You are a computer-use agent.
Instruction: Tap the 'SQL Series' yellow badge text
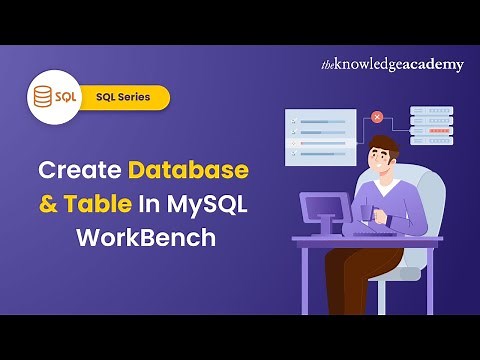pos(131,98)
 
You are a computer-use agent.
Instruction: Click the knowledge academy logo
pos(392,65)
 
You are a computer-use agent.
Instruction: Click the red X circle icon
pos(376,117)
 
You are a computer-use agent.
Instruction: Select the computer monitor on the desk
pos(326,213)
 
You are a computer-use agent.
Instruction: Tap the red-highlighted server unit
pos(432,129)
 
